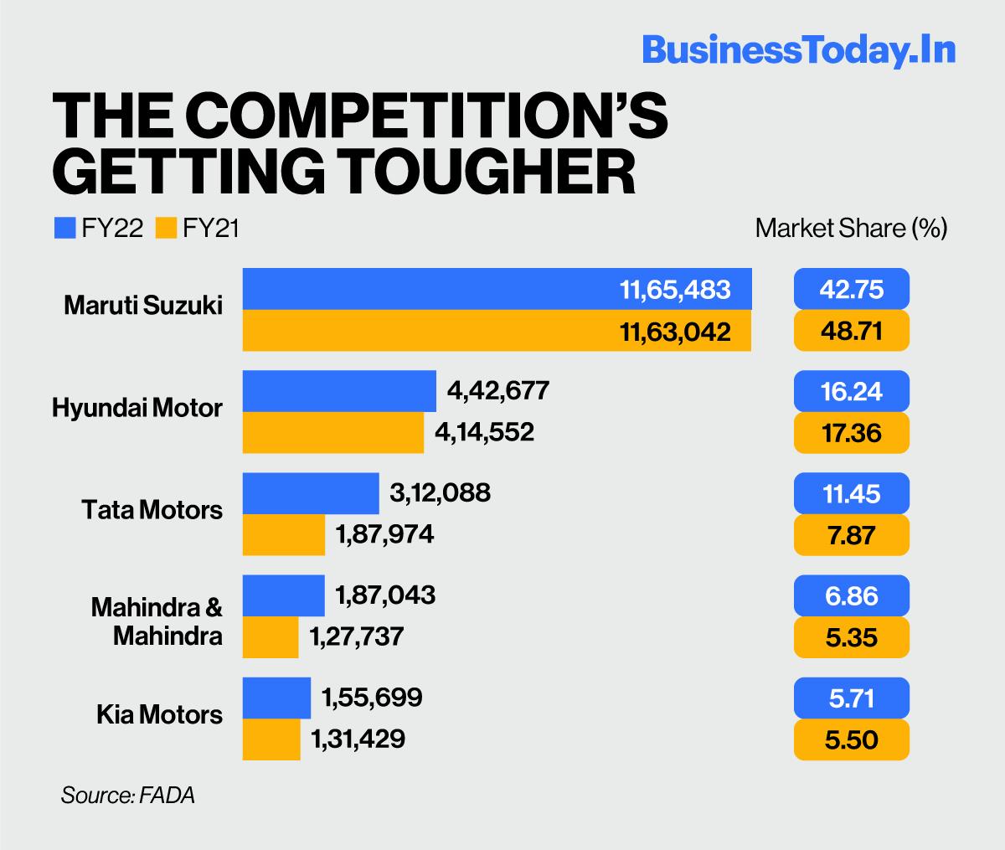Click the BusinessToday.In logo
pyautogui.click(x=798, y=49)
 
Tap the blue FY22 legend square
pyautogui.click(x=64, y=228)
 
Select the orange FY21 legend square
pyautogui.click(x=166, y=228)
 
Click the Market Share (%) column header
pyautogui.click(x=851, y=228)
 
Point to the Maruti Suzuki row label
pyautogui.click(x=143, y=306)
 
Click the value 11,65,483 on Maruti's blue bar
pyautogui.click(x=675, y=290)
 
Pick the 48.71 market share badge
pyautogui.click(x=851, y=331)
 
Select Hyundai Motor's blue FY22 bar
pyautogui.click(x=339, y=391)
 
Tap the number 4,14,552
pyautogui.click(x=484, y=432)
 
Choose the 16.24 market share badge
pyautogui.click(x=851, y=391)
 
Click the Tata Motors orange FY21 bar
pyautogui.click(x=284, y=535)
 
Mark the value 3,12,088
pyautogui.click(x=440, y=493)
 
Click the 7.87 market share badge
pyautogui.click(x=851, y=535)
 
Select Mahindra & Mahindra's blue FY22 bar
pyautogui.click(x=284, y=595)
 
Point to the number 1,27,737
pyautogui.click(x=357, y=636)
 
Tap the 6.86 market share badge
pyautogui.click(x=851, y=595)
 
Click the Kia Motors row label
pyautogui.click(x=159, y=714)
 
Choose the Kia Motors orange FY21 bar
pyautogui.click(x=271, y=739)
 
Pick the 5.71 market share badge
pyautogui.click(x=851, y=698)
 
